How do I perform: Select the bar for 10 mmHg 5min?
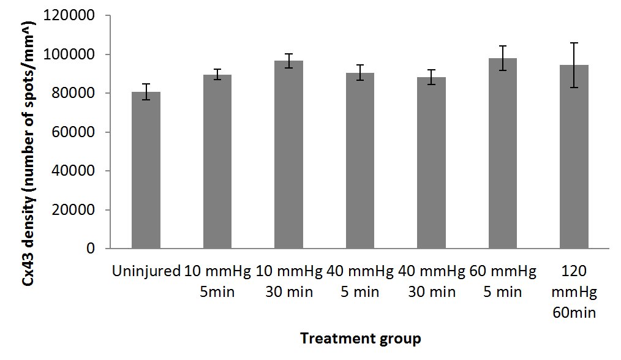(217, 162)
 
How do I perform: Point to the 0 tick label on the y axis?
(91, 249)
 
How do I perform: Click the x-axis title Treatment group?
(361, 338)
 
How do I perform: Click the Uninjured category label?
(146, 271)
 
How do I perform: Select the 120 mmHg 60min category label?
(574, 291)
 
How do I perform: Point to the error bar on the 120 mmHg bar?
(574, 65)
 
